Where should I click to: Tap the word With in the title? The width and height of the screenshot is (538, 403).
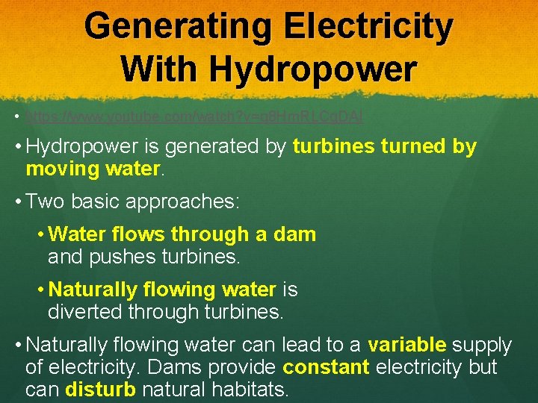click(x=160, y=69)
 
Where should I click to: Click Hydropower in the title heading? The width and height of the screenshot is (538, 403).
click(x=313, y=69)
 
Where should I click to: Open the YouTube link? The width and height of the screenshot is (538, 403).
click(x=194, y=117)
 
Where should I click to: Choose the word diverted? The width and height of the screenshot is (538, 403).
click(x=90, y=311)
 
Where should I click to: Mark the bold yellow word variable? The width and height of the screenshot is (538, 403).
click(x=407, y=345)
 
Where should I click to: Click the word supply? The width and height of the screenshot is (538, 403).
click(x=482, y=345)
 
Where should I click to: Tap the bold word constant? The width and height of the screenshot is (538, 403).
click(x=327, y=367)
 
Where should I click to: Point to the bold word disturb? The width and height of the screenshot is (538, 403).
click(x=100, y=389)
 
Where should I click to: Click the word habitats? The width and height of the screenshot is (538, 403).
click(x=250, y=389)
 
